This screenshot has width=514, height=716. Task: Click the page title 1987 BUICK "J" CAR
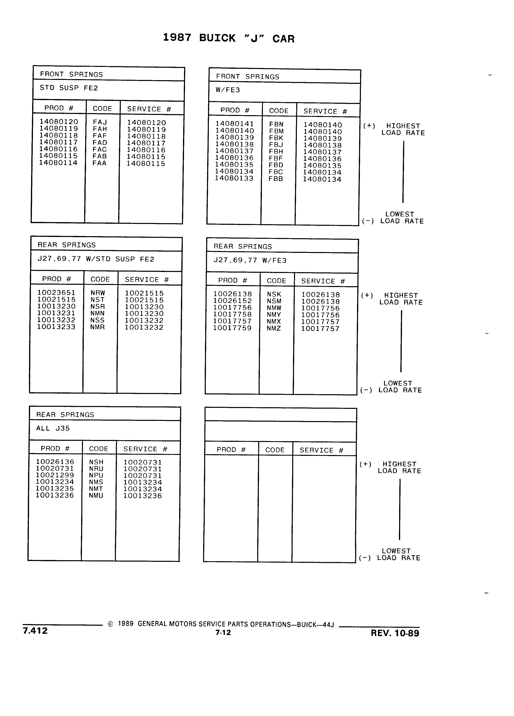point(229,38)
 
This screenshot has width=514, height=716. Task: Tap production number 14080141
point(234,124)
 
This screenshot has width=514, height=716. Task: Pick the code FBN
point(276,124)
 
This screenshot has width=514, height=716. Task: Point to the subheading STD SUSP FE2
point(69,88)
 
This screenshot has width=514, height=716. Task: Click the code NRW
point(98,293)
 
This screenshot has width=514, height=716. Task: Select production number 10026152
point(233,301)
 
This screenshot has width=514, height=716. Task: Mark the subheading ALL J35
point(53,428)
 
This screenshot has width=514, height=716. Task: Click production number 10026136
point(55,462)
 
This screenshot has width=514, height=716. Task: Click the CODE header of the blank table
point(275,450)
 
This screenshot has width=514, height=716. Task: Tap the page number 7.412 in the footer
point(35,631)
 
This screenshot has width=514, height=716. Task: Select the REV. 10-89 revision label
point(395,633)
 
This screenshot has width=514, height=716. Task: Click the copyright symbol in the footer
point(110,624)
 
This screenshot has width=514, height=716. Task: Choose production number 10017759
point(232,328)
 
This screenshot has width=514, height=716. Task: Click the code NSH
point(96,462)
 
